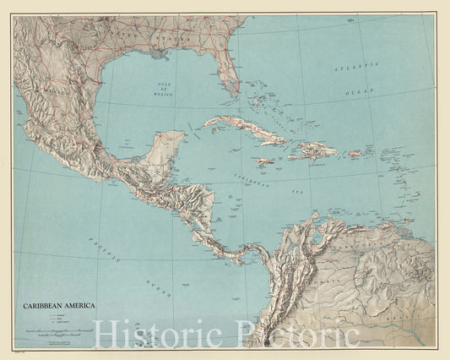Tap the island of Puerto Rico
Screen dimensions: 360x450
(355, 155)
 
